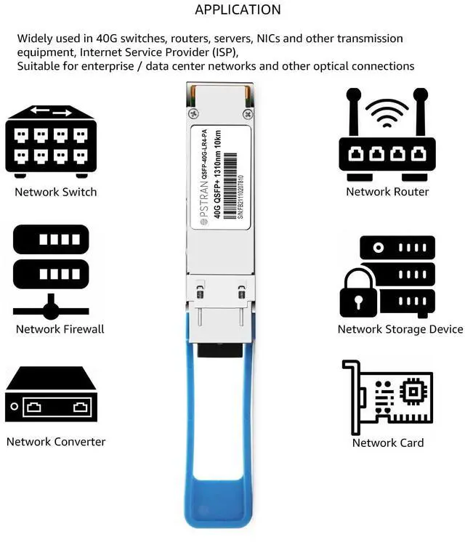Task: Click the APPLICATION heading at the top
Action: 238,10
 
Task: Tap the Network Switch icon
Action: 51,141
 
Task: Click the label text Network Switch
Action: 56,192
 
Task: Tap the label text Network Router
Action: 387,192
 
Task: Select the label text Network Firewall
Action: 60,329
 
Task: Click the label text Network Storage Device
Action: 400,329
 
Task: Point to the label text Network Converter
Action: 56,442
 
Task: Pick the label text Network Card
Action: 388,442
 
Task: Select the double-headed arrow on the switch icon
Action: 51,113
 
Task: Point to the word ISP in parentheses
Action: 224,52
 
